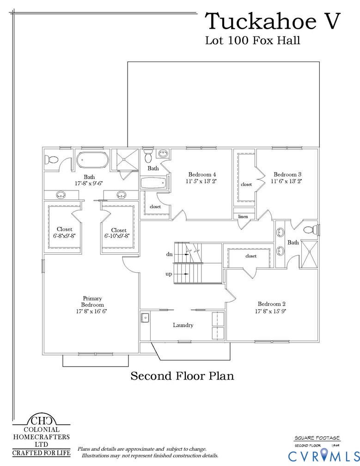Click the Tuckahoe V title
(274, 21)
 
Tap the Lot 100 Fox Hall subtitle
(252, 41)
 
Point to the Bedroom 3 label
(287, 174)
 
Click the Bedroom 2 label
(271, 304)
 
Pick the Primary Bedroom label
(92, 301)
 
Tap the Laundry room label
(183, 325)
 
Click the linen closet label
(243, 216)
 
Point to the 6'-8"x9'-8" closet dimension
(64, 235)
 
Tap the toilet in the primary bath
(51, 160)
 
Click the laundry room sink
(145, 318)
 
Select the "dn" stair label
(169, 254)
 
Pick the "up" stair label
(169, 274)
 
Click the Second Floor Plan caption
(182, 376)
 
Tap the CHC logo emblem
(41, 421)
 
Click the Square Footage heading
(317, 437)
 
